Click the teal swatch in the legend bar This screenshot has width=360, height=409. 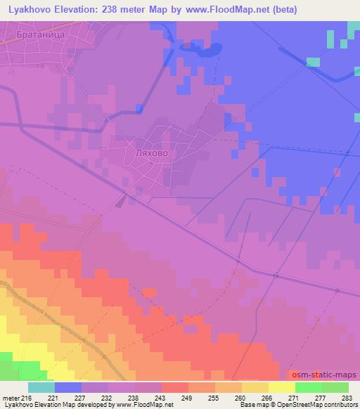(x=41, y=387)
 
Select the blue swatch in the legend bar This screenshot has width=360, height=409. (x=68, y=387)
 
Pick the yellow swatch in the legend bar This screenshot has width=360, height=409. (x=282, y=387)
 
